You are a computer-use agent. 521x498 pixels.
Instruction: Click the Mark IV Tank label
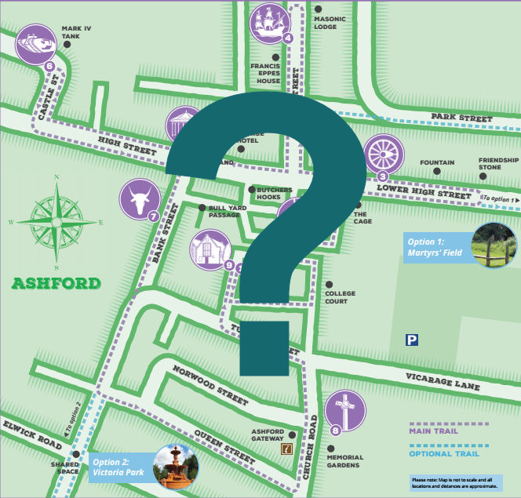pyautogui.click(x=76, y=31)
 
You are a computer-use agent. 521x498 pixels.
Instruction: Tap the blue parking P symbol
pyautogui.click(x=411, y=340)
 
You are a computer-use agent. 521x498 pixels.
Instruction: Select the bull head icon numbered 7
pyautogui.click(x=137, y=199)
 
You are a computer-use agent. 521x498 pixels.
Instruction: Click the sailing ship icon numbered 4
pyautogui.click(x=271, y=23)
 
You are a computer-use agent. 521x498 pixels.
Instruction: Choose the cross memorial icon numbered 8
pyautogui.click(x=344, y=410)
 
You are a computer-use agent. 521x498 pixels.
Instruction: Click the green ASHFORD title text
pyautogui.click(x=56, y=283)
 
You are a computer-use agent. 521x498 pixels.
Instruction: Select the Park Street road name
pyautogui.click(x=461, y=118)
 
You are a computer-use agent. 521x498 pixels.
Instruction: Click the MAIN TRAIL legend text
pyautogui.click(x=440, y=431)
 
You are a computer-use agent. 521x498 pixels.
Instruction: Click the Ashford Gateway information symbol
pyautogui.click(x=287, y=449)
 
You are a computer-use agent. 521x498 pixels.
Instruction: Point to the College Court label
pyautogui.click(x=340, y=297)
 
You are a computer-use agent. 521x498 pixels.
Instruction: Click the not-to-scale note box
pyautogui.click(x=455, y=482)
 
